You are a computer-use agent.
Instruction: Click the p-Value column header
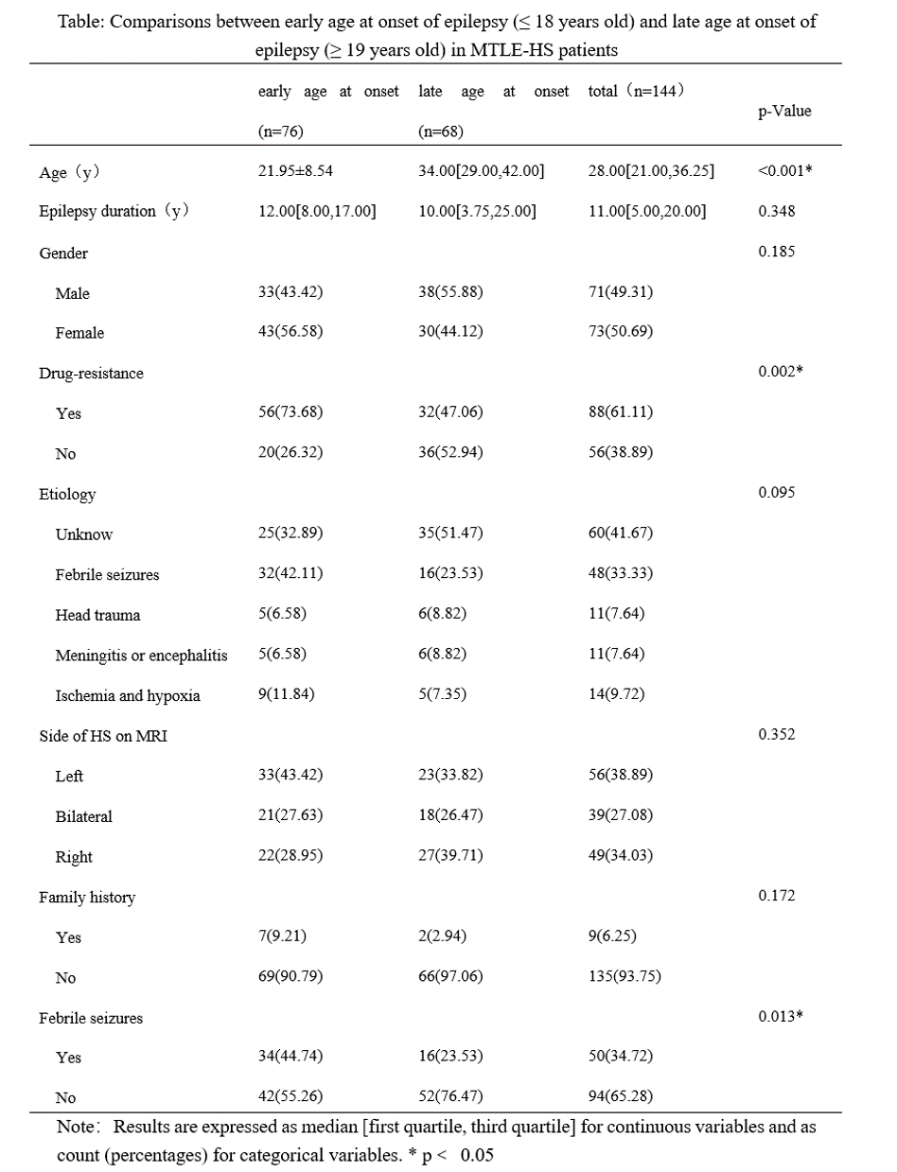[x=784, y=111]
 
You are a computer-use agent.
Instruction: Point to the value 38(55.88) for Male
[x=450, y=292]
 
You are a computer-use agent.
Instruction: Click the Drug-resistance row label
[x=91, y=374]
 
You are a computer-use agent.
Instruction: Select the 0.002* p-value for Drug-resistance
[x=781, y=372]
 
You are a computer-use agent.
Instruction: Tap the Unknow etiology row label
[x=83, y=534]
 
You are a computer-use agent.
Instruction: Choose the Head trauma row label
[x=97, y=615]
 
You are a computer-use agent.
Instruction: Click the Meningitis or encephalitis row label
[x=141, y=656]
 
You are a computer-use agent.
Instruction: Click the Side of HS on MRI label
[x=103, y=736]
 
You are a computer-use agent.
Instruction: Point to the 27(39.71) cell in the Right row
[x=450, y=856]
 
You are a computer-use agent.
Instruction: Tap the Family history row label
[x=87, y=898]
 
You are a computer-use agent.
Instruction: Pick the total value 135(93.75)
[x=624, y=977]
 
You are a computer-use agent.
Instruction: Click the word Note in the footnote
[x=76, y=1128]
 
